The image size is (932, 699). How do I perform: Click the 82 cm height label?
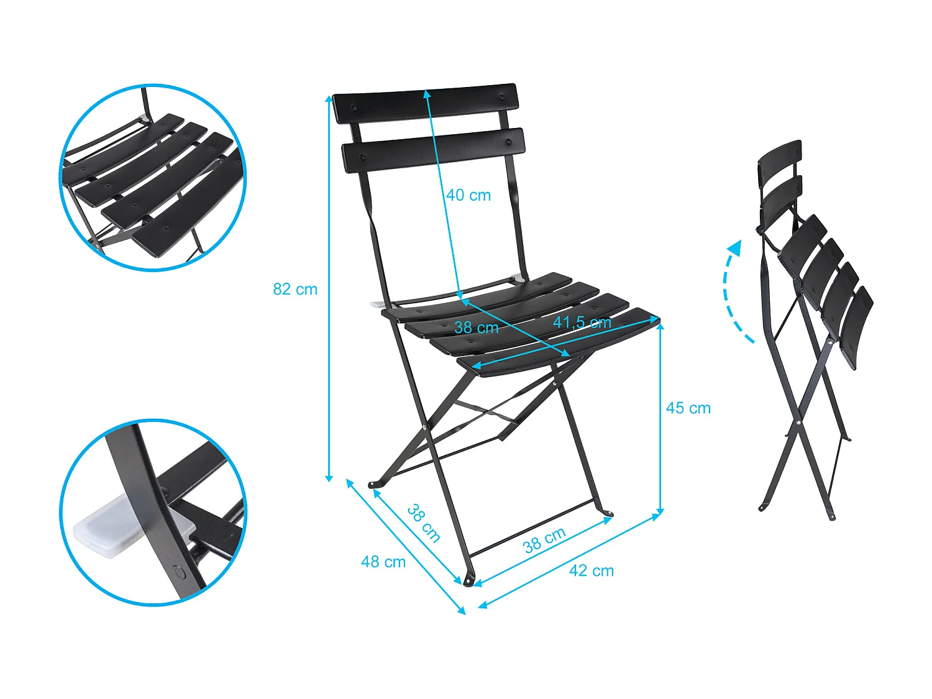[x=295, y=290]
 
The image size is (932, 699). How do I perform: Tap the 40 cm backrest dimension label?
[x=468, y=195]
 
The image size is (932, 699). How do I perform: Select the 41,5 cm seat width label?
[x=582, y=322]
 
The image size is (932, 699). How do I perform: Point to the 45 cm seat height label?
[x=688, y=408]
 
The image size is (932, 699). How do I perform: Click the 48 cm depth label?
[x=383, y=562]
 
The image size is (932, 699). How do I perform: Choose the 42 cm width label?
[x=592, y=571]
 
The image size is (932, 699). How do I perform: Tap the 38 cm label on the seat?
[x=477, y=327]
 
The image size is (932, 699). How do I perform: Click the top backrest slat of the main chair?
[x=426, y=103]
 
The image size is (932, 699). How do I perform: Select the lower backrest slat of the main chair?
[x=434, y=150]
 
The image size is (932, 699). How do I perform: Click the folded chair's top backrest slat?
[x=780, y=163]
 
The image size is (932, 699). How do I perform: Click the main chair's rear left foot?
[x=373, y=484]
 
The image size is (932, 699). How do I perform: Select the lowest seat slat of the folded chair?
[x=857, y=327]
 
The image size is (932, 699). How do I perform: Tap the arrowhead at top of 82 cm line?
[x=328, y=99]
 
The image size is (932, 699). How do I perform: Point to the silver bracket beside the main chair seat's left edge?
[x=378, y=304]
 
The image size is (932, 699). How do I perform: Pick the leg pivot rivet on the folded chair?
[x=798, y=423]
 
